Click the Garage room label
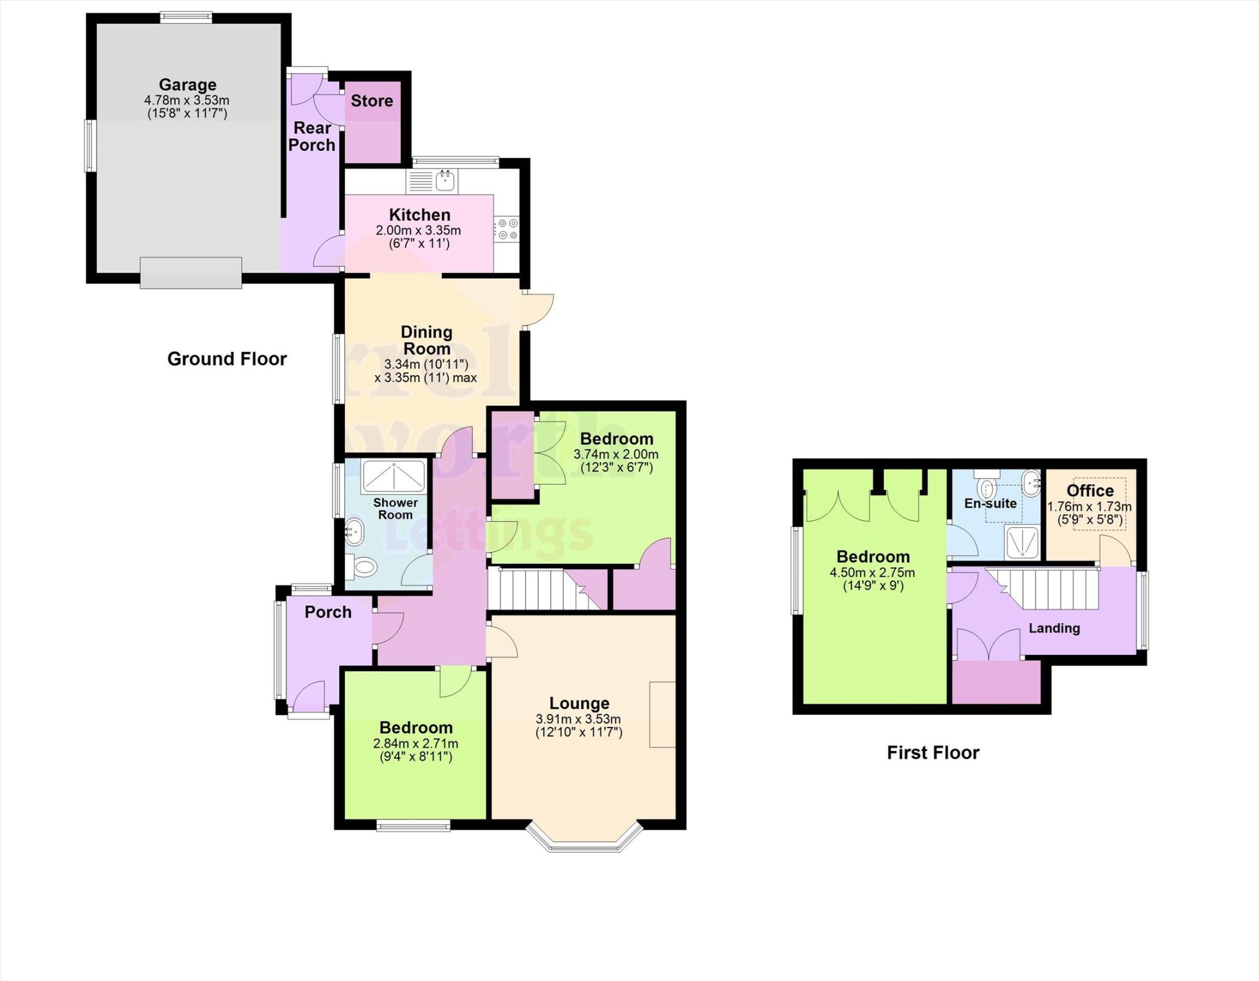tap(187, 84)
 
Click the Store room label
tap(372, 101)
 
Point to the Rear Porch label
tap(312, 137)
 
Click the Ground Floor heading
tap(227, 359)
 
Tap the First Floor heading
tap(933, 752)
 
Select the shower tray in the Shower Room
tap(393, 476)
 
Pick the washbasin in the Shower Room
tap(355, 531)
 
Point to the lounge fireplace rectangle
tap(662, 714)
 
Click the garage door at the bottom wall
tap(191, 272)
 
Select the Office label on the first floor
tap(1090, 491)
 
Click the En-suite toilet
tap(988, 488)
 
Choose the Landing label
tap(1054, 628)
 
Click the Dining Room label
tap(427, 340)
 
